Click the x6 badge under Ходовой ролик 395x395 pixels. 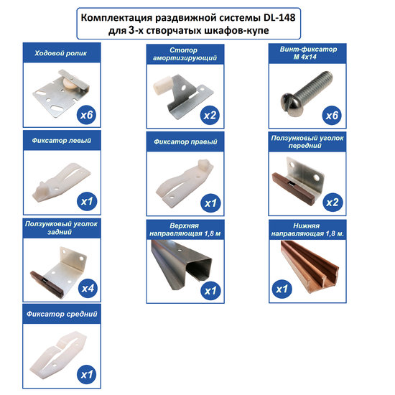(86, 115)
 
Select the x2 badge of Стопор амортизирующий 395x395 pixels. (210, 116)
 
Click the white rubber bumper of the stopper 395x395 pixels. (162, 85)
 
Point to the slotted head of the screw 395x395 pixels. (290, 103)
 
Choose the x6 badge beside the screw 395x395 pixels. (332, 116)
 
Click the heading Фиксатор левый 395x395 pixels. (62, 141)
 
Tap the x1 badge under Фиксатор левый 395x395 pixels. (87, 201)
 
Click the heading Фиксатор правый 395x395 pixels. (185, 141)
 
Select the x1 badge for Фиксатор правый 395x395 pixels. (210, 203)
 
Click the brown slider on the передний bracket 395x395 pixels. (293, 189)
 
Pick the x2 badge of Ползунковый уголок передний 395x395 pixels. (333, 203)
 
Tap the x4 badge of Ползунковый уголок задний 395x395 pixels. (88, 288)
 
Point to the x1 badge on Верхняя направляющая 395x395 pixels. (210, 291)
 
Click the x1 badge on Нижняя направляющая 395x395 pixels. (282, 289)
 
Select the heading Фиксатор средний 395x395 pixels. (62, 314)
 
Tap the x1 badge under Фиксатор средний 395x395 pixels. (87, 374)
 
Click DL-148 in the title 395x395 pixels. (279, 18)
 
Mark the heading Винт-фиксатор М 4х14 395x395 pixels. (308, 53)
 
